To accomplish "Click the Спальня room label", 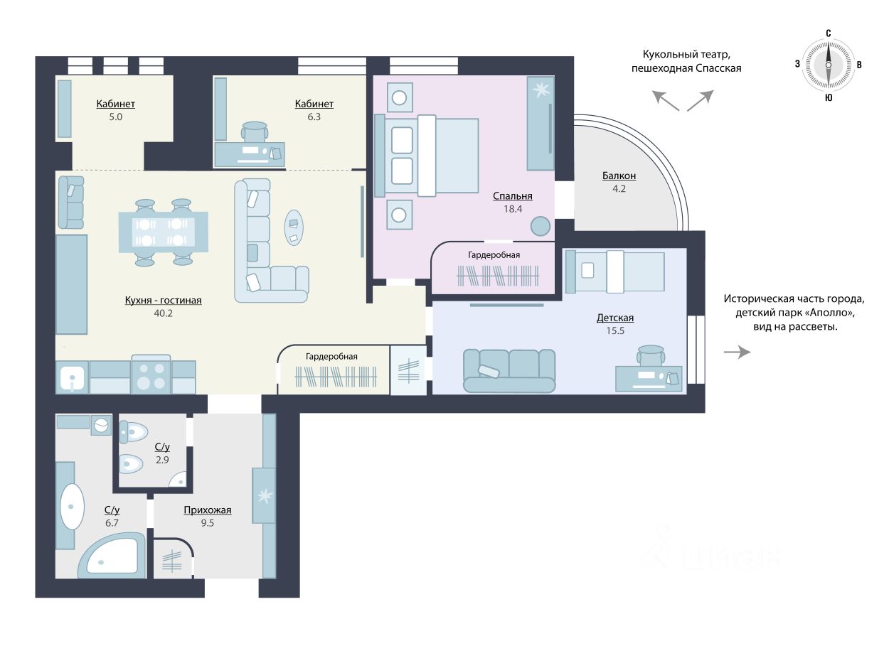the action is point(512,196).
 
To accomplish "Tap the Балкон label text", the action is point(619,176).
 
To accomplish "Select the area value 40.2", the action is point(163,313).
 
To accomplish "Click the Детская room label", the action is point(615,318).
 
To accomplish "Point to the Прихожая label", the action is point(207,510).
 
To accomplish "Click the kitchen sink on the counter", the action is point(73,378).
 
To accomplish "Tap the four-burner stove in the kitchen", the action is point(151,375).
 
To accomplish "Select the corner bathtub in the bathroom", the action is point(112,556).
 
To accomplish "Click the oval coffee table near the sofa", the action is point(294,227).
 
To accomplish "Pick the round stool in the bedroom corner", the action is point(541,227).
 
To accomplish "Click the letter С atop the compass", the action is point(829,33).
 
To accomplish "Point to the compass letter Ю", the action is point(829,98).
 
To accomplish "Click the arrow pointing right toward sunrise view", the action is point(737,352).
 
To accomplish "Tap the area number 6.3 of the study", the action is point(314,117).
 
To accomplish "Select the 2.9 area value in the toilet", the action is point(162,460).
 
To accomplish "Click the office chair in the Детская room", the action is point(650,355).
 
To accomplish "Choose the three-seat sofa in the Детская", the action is point(509,371).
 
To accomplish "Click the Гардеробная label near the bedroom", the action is point(494,255).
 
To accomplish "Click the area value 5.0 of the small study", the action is point(115,117).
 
